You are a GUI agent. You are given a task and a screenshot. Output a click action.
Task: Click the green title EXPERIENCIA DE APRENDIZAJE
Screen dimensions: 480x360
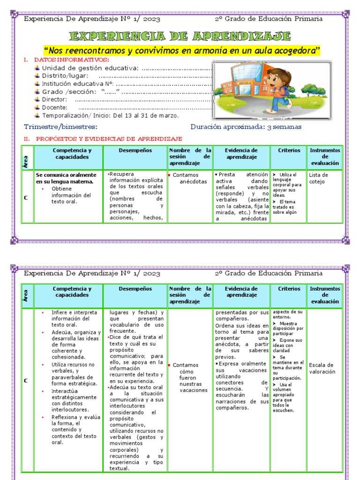click(180, 36)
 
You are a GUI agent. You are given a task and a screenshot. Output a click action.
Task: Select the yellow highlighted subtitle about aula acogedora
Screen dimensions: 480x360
click(181, 51)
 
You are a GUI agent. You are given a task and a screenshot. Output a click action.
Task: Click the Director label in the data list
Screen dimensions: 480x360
click(54, 99)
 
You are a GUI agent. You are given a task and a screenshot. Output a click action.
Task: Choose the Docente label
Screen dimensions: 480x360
click(55, 107)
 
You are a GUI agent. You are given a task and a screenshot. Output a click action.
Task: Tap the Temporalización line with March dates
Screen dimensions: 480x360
click(110, 115)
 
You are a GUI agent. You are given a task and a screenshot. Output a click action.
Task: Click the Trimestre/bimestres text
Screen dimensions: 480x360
click(61, 127)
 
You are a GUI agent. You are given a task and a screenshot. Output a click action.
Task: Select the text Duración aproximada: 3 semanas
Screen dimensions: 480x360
click(246, 127)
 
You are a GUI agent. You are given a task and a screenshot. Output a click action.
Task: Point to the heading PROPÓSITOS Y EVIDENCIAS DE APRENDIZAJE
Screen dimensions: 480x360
click(109, 139)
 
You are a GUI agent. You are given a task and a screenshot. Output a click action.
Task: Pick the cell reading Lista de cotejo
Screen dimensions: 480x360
click(319, 178)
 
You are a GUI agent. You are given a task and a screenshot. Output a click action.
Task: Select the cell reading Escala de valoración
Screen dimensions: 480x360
click(322, 368)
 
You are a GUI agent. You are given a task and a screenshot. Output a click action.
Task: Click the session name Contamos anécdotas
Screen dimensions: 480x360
click(189, 178)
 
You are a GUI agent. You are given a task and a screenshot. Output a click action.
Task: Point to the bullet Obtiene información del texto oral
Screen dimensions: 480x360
click(71, 195)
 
